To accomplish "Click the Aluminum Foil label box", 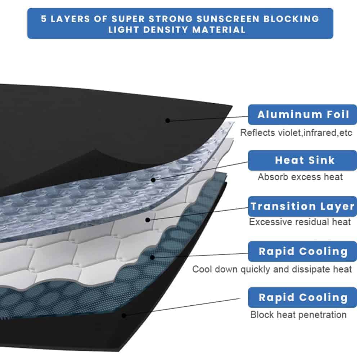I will (x=302, y=115).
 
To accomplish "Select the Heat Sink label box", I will (x=302, y=160).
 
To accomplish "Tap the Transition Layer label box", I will (x=302, y=206).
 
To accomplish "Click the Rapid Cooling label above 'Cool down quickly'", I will (x=302, y=251).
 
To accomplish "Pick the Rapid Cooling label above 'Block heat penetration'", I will (x=302, y=298).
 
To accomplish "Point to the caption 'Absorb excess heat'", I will (x=300, y=177).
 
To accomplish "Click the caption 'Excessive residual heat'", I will (x=300, y=222).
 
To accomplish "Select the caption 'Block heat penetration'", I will (x=298, y=315).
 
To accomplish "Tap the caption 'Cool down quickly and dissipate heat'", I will (x=272, y=269).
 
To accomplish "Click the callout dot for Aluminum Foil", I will (x=167, y=120).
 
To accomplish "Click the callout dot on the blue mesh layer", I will (x=153, y=257).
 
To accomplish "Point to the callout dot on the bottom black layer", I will (x=124, y=315).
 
